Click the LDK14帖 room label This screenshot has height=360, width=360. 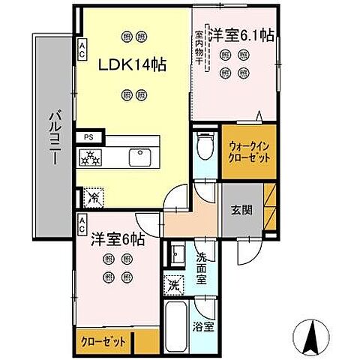(x=133, y=64)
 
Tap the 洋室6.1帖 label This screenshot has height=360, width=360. (x=240, y=34)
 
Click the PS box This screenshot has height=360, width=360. (x=88, y=136)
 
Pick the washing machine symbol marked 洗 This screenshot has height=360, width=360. (x=172, y=286)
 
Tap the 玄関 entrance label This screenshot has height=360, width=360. (x=241, y=210)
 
